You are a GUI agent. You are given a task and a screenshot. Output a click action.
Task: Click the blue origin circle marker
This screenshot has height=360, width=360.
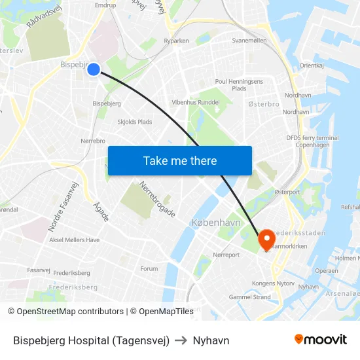tap(94, 69)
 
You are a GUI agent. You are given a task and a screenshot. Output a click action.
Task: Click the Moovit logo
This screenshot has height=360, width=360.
tap(320, 340)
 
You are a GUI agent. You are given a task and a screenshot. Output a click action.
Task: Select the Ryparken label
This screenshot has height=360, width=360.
tap(176, 41)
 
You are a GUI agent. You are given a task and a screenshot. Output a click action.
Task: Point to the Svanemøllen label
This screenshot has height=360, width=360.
tap(249, 41)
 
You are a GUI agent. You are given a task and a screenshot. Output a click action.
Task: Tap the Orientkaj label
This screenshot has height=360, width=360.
tap(312, 65)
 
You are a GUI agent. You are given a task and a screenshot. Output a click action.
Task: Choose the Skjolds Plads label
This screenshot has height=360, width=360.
tap(134, 122)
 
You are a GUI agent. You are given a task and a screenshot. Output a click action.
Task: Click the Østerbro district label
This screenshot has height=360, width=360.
tap(264, 104)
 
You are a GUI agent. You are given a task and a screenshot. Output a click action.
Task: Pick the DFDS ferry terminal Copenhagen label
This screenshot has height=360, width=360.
tap(312, 141)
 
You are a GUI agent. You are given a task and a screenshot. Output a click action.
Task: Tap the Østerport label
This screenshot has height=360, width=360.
tap(286, 192)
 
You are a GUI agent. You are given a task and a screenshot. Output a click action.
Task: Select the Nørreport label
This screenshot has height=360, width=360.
tap(226, 255)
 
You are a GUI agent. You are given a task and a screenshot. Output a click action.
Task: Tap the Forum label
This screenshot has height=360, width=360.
tap(149, 268)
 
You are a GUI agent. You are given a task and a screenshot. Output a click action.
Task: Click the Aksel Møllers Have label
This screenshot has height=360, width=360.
tap(75, 240)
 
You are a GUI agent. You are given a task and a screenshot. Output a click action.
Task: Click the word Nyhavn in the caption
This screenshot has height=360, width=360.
tap(211, 340)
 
